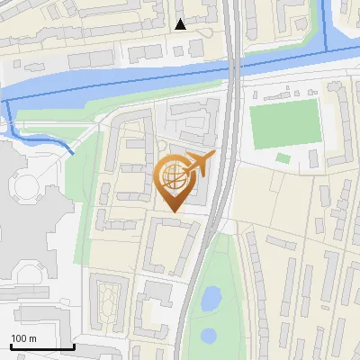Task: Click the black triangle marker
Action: [x=181, y=24]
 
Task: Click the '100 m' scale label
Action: [x=23, y=338]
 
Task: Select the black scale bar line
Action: [x=42, y=346]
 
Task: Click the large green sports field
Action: [x=283, y=127]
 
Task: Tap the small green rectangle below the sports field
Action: [x=283, y=158]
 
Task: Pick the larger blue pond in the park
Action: [x=211, y=297]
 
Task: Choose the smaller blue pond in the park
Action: [x=209, y=335]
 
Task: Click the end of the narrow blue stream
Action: [x=72, y=153]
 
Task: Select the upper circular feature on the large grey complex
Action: [x=24, y=188]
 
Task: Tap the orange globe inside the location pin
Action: [x=172, y=176]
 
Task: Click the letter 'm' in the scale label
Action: [x=32, y=338]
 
